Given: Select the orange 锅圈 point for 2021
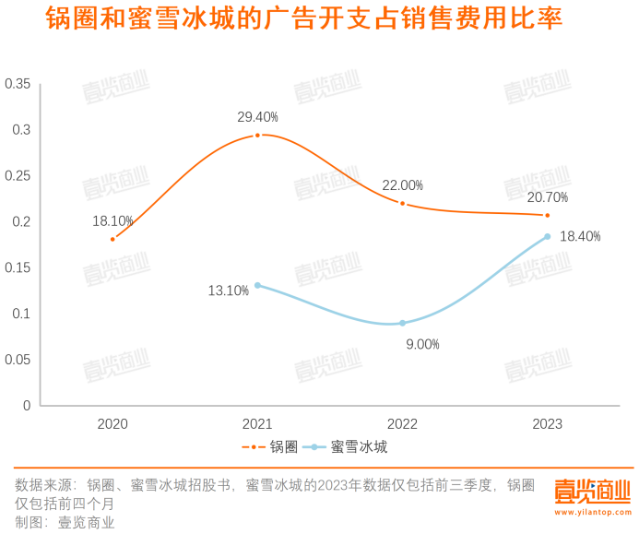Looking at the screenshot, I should tap(257, 136).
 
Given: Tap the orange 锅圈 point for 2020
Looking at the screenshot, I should tap(112, 239).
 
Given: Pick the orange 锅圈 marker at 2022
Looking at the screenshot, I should tap(402, 203).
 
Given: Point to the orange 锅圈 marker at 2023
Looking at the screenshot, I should tap(547, 216).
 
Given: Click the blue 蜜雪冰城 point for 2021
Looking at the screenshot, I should tap(257, 285).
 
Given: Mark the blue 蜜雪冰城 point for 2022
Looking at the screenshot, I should tap(402, 323).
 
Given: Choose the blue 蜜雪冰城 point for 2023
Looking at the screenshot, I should tap(547, 237).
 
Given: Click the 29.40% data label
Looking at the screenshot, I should tap(257, 117).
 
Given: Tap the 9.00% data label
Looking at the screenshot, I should tap(422, 344).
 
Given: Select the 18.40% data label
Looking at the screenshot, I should tap(581, 237).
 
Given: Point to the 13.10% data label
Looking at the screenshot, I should tap(229, 291).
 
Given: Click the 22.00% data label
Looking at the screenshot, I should tap(402, 184).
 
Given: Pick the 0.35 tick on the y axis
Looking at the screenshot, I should tap(18, 84).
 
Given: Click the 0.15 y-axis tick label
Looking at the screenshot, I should tap(18, 267).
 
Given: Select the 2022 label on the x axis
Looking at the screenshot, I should tap(402, 424).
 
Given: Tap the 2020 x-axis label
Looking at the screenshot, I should tap(112, 424).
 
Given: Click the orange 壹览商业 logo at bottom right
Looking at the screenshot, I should tap(590, 493).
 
